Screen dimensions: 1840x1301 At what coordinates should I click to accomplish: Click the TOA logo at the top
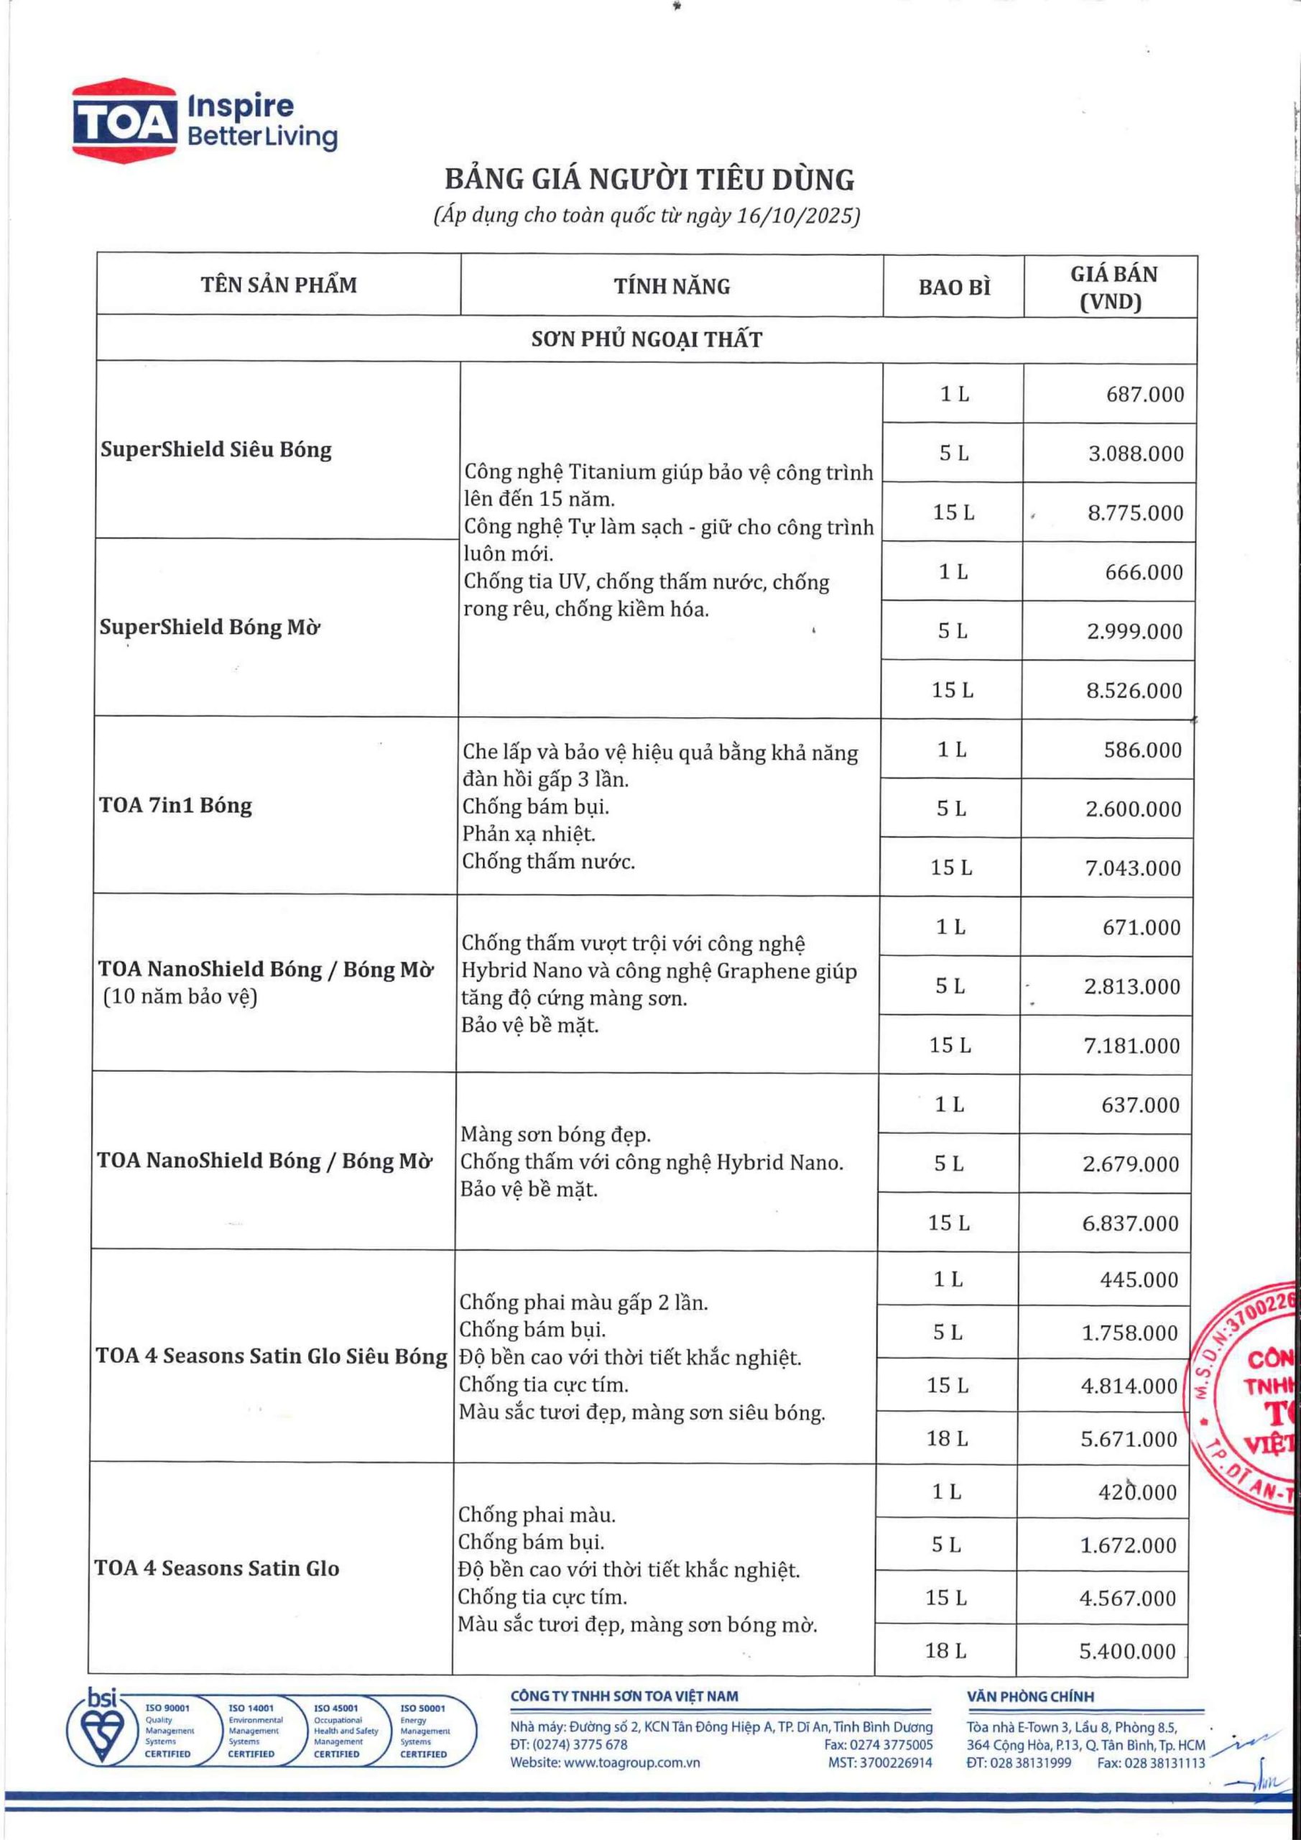(x=124, y=117)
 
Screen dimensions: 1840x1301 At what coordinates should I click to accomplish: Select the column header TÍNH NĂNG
(x=671, y=286)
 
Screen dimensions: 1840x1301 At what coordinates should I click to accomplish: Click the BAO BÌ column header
(x=953, y=287)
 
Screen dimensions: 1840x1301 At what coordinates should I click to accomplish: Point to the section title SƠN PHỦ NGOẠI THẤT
(x=647, y=339)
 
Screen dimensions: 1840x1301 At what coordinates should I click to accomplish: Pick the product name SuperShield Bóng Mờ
(x=210, y=627)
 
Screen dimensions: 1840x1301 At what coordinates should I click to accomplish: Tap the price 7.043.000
(x=1133, y=868)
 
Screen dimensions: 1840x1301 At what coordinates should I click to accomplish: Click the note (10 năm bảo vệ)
(x=180, y=998)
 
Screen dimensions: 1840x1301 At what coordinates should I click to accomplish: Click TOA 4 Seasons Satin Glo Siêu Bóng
(x=272, y=1356)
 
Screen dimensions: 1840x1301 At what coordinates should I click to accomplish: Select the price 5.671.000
(x=1129, y=1438)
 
